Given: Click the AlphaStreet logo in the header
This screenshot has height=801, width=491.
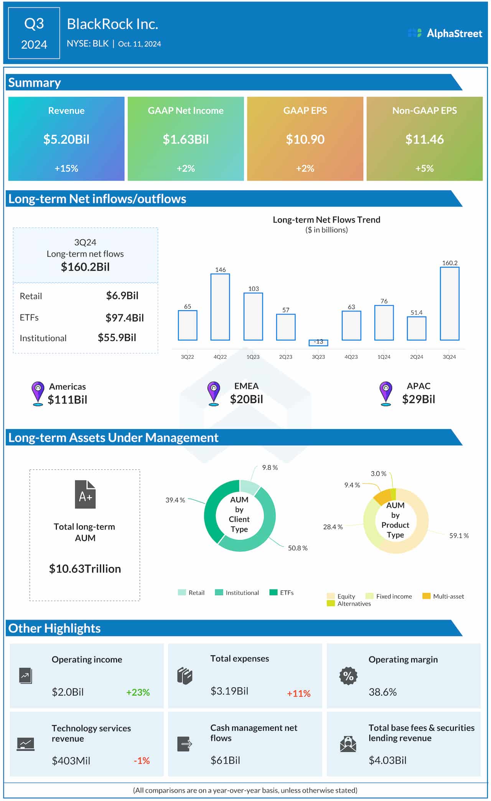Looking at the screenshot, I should [445, 33].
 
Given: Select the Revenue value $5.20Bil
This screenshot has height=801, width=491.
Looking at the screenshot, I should [66, 139].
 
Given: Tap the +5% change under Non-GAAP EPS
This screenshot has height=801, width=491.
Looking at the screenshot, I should [424, 168].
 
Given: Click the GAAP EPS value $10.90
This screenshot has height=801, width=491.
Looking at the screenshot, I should [305, 139].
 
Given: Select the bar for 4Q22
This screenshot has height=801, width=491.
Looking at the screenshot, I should [220, 307].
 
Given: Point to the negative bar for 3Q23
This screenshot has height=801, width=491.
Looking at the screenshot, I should [318, 342].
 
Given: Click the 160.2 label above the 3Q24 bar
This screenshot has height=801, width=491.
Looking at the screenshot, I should [450, 263].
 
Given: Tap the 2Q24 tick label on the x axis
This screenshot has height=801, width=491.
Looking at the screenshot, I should [417, 357].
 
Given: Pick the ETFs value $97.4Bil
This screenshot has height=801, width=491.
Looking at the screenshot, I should [124, 317].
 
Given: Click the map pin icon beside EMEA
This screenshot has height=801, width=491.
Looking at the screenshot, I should [214, 393].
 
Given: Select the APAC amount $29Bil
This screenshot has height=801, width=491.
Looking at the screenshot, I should [419, 399].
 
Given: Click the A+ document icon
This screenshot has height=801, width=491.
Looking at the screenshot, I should [85, 494].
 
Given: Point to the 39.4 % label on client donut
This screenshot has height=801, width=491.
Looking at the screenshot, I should [175, 500].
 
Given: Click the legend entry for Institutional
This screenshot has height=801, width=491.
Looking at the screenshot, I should [237, 592].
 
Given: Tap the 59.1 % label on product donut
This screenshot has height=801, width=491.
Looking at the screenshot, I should [459, 535].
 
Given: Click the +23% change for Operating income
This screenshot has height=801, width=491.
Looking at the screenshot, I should [138, 692].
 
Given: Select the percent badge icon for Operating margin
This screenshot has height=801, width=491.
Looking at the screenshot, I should [348, 676].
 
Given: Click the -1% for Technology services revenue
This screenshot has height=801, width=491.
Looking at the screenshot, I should [142, 760].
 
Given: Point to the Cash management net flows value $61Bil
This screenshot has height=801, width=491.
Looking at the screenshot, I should [225, 760].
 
